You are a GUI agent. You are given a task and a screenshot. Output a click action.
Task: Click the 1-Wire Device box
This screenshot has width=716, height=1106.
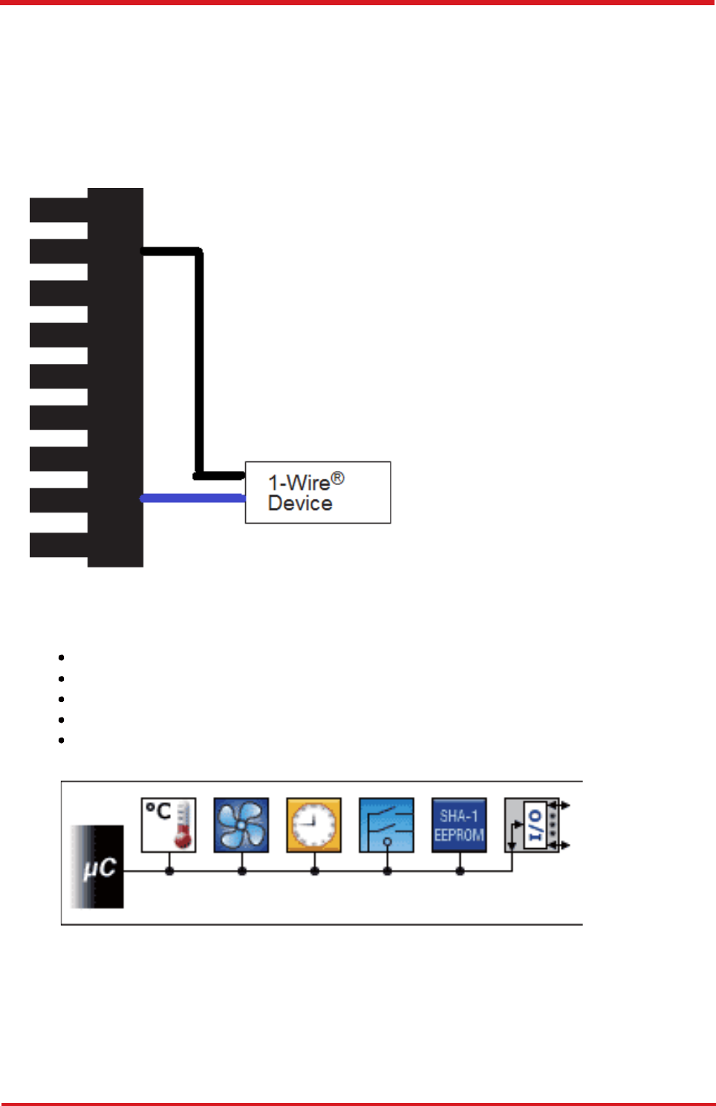318,492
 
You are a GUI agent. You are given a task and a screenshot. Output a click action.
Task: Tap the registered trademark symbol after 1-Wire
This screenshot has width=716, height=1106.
337,478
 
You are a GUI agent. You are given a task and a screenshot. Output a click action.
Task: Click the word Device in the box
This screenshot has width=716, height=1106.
300,504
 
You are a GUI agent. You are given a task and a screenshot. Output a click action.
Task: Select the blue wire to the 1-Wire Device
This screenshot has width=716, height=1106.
193,498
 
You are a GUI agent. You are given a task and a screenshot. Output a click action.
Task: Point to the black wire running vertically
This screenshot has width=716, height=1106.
199,364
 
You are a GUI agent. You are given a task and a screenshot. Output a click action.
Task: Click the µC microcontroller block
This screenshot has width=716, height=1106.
98,867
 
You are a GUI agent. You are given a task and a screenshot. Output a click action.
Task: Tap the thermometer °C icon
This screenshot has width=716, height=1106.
169,824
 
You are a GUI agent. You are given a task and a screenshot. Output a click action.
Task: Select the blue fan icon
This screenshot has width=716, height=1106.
241,824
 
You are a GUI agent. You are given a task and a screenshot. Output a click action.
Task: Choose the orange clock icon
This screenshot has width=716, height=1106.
313,824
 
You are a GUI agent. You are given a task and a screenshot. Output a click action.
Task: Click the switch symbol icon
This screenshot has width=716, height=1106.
386,824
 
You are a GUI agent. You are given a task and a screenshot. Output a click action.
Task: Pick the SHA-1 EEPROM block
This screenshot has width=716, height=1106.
459,824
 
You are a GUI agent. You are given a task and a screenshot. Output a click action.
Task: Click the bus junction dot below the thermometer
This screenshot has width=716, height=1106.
169,871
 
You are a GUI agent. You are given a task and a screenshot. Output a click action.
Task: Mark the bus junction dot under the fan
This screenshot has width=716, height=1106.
242,871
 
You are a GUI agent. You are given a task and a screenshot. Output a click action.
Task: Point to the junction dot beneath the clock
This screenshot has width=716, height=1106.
315,871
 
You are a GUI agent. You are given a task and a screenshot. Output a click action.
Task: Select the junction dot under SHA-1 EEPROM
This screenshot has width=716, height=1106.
460,871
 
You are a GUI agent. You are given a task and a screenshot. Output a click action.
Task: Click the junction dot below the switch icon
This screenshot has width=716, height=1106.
387,871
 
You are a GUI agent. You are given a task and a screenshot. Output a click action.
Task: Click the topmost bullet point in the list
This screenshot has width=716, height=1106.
61,657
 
